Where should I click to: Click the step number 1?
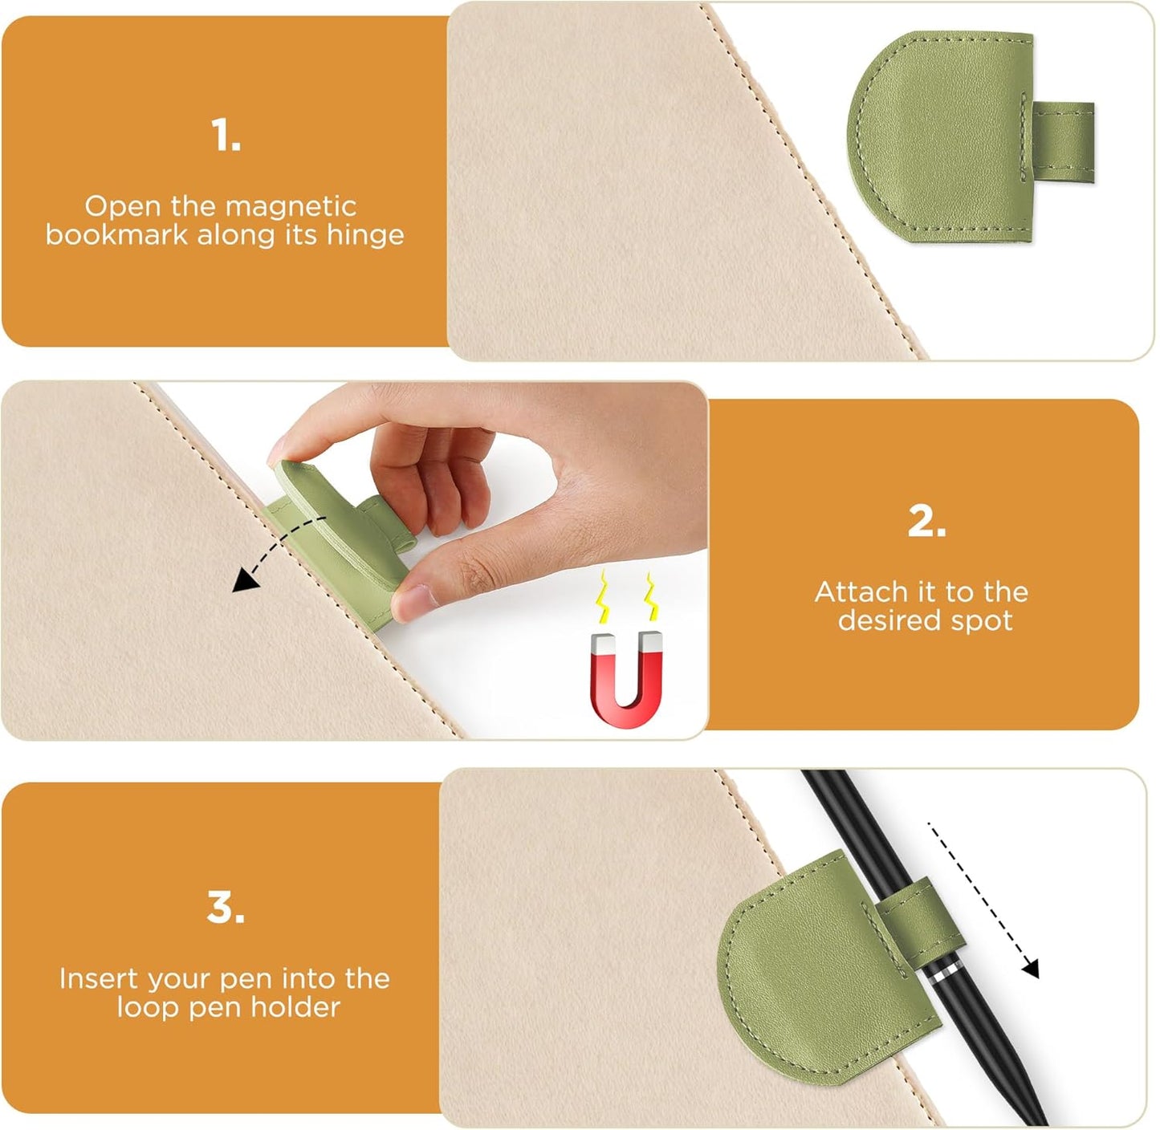(x=226, y=136)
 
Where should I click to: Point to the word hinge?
(x=364, y=235)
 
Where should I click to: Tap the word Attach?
(x=861, y=592)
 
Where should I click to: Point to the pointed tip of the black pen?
(x=1041, y=1120)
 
